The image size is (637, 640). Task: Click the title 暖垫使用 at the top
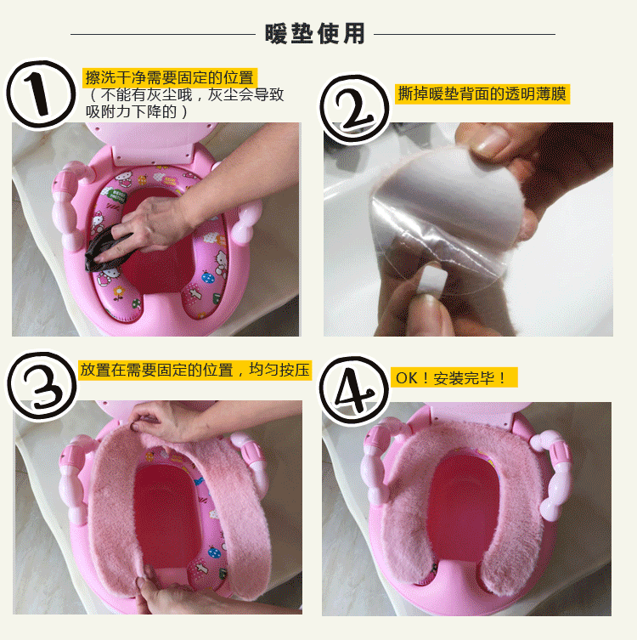coord(315,33)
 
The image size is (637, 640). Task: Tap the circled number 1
coord(41,94)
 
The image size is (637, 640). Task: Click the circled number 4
coord(354,391)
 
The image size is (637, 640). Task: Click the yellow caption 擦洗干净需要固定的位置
coord(170,77)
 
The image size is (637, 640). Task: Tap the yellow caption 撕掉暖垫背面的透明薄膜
coord(482,94)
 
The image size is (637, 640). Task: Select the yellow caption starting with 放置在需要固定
coord(195,371)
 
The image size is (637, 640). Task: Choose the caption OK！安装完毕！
coord(454,377)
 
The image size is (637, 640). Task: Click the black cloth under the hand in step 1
coord(103,250)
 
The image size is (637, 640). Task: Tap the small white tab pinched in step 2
coord(433,279)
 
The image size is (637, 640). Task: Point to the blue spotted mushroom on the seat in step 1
coord(208,278)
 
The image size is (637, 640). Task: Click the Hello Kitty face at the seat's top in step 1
coord(122,178)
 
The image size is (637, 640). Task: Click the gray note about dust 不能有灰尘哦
coord(185,103)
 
